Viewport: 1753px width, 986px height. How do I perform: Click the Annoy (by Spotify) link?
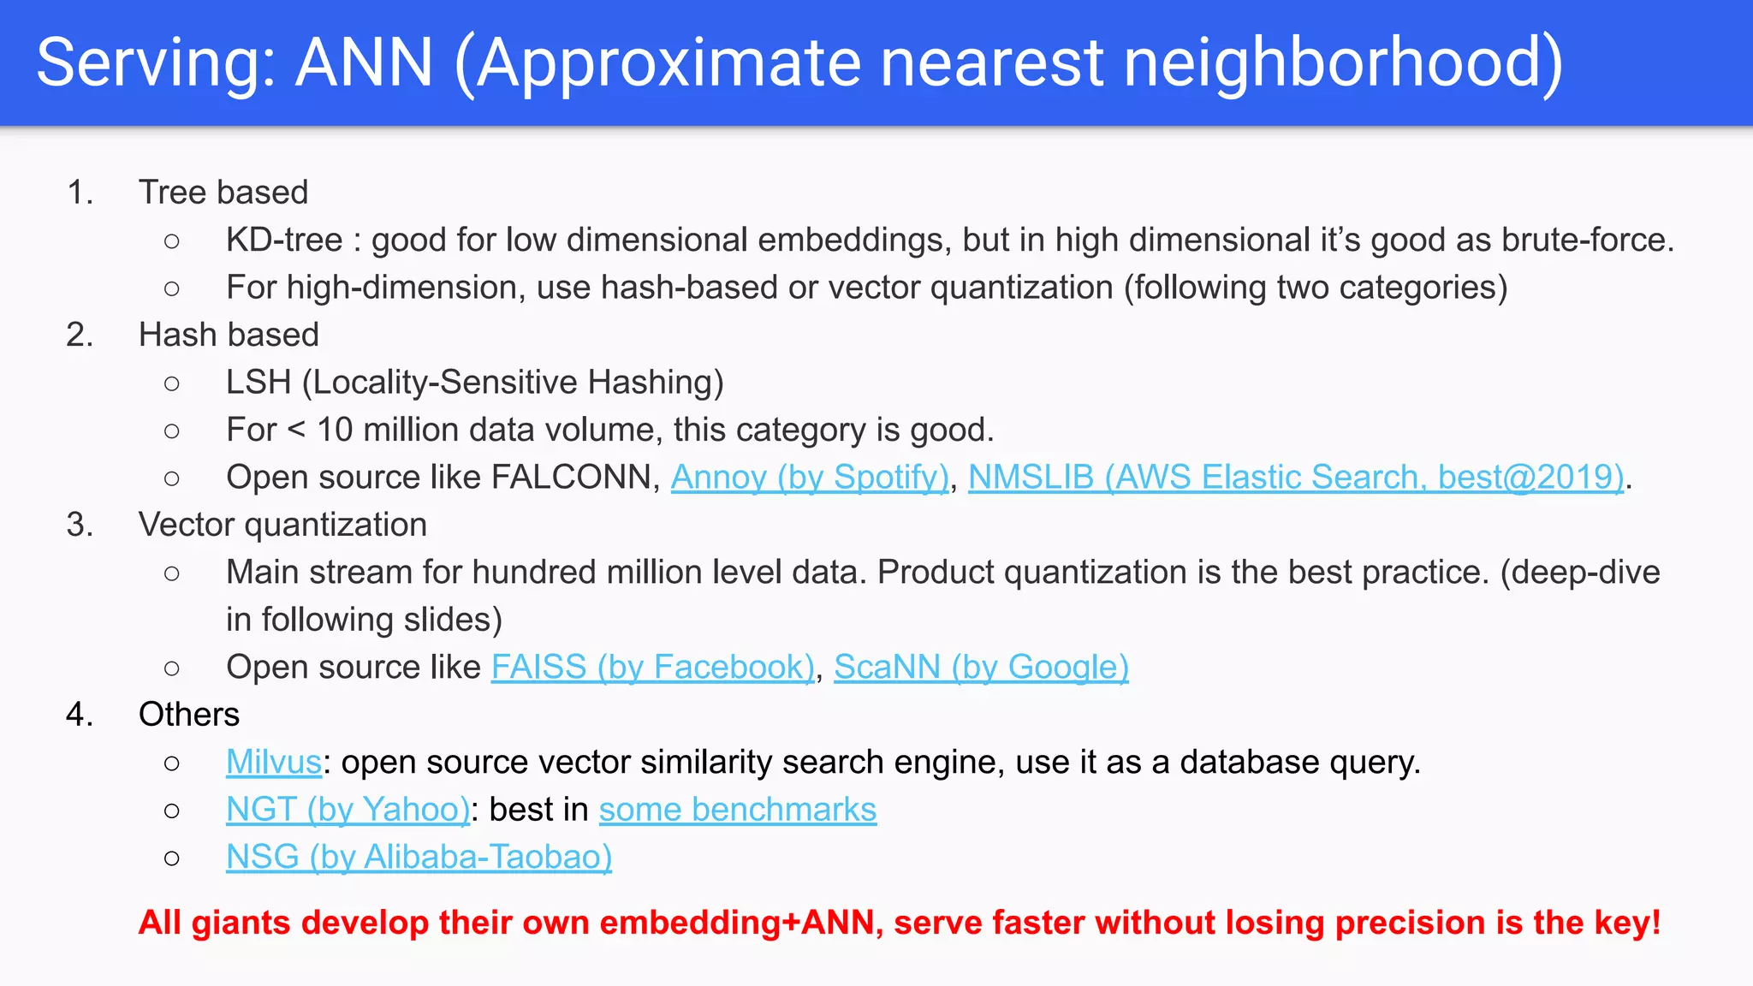coord(809,478)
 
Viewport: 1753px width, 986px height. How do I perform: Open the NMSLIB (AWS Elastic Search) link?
coord(1295,478)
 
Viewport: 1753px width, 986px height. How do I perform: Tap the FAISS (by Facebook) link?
coord(652,668)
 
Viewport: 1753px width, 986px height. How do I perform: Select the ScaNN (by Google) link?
coord(981,668)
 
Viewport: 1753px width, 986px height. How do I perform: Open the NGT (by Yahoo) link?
coord(348,810)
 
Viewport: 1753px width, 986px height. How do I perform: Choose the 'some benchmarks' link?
coord(737,810)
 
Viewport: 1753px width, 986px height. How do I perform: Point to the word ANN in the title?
coord(364,62)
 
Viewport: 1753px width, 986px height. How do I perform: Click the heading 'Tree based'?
coord(223,193)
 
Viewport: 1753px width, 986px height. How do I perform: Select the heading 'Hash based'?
coord(229,335)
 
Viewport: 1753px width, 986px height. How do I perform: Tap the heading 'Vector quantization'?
coord(282,525)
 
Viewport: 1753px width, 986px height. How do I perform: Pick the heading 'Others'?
coord(189,715)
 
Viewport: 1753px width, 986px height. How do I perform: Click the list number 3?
coord(79,525)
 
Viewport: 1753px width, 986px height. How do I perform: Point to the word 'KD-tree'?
coord(284,241)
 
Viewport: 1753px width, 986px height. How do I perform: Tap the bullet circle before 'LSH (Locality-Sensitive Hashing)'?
coord(172,383)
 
